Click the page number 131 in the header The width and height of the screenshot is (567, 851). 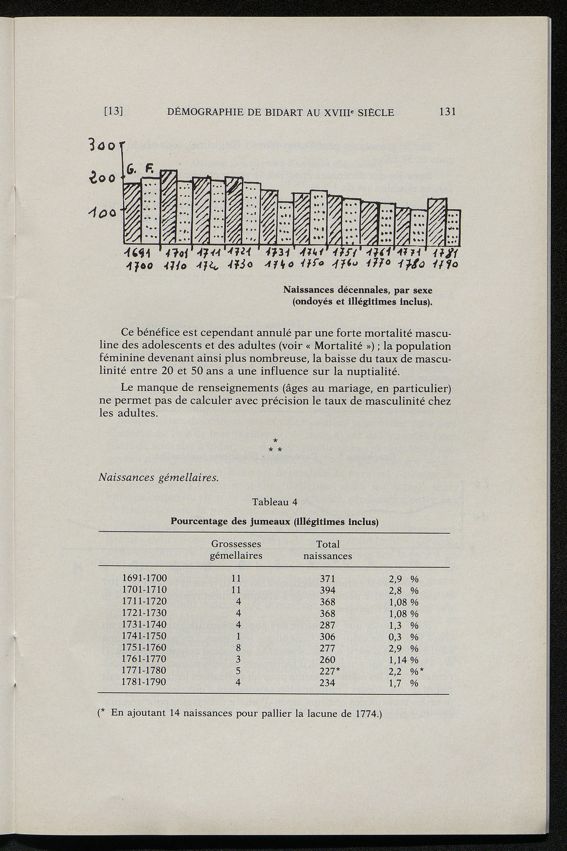446,112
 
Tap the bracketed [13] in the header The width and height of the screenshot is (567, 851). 113,112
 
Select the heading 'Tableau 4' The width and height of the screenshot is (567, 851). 275,503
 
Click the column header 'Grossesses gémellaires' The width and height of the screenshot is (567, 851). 236,550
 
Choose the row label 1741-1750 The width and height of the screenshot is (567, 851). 144,636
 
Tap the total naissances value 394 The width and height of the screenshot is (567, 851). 328,590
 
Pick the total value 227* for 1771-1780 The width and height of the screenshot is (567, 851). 329,671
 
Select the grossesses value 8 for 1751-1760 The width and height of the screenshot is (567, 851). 238,648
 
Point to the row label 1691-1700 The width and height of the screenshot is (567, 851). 144,579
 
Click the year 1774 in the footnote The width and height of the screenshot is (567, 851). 364,713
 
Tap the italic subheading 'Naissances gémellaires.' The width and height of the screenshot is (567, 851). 158,477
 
